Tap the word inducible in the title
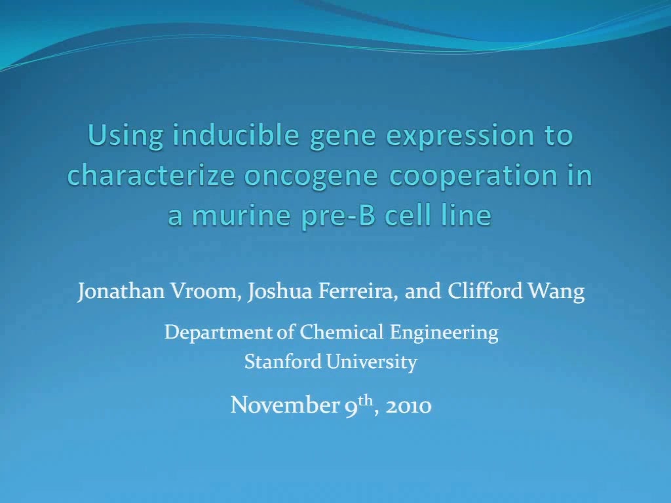coord(236,135)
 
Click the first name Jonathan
coord(121,291)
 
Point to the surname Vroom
coord(205,291)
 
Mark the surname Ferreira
coord(358,291)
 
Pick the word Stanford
coord(283,362)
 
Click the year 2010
coord(408,405)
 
